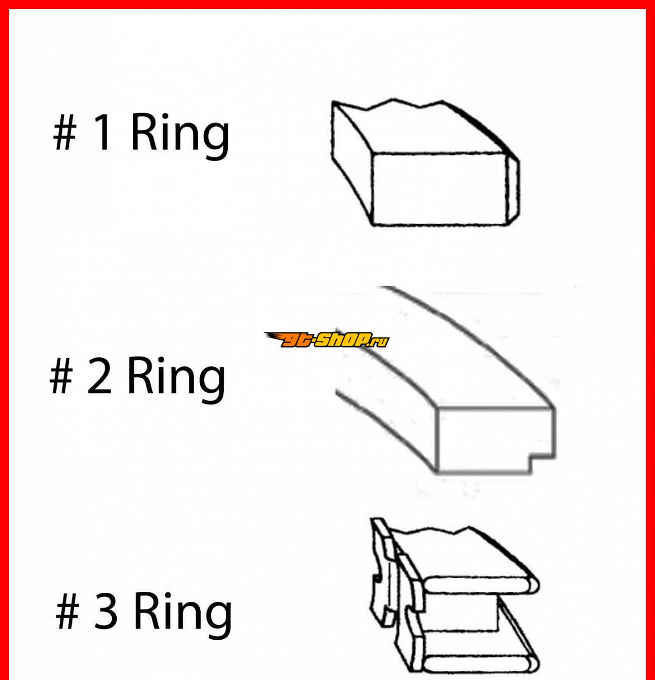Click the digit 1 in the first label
click(103, 132)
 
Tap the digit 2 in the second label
click(99, 376)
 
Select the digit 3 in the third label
click(105, 610)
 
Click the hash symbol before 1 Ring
click(64, 133)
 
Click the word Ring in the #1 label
click(180, 137)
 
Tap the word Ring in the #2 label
click(177, 380)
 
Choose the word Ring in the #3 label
click(183, 616)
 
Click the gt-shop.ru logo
click(326, 339)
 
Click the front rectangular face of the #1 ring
click(440, 189)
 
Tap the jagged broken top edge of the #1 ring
click(388, 104)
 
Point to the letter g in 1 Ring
click(216, 143)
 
